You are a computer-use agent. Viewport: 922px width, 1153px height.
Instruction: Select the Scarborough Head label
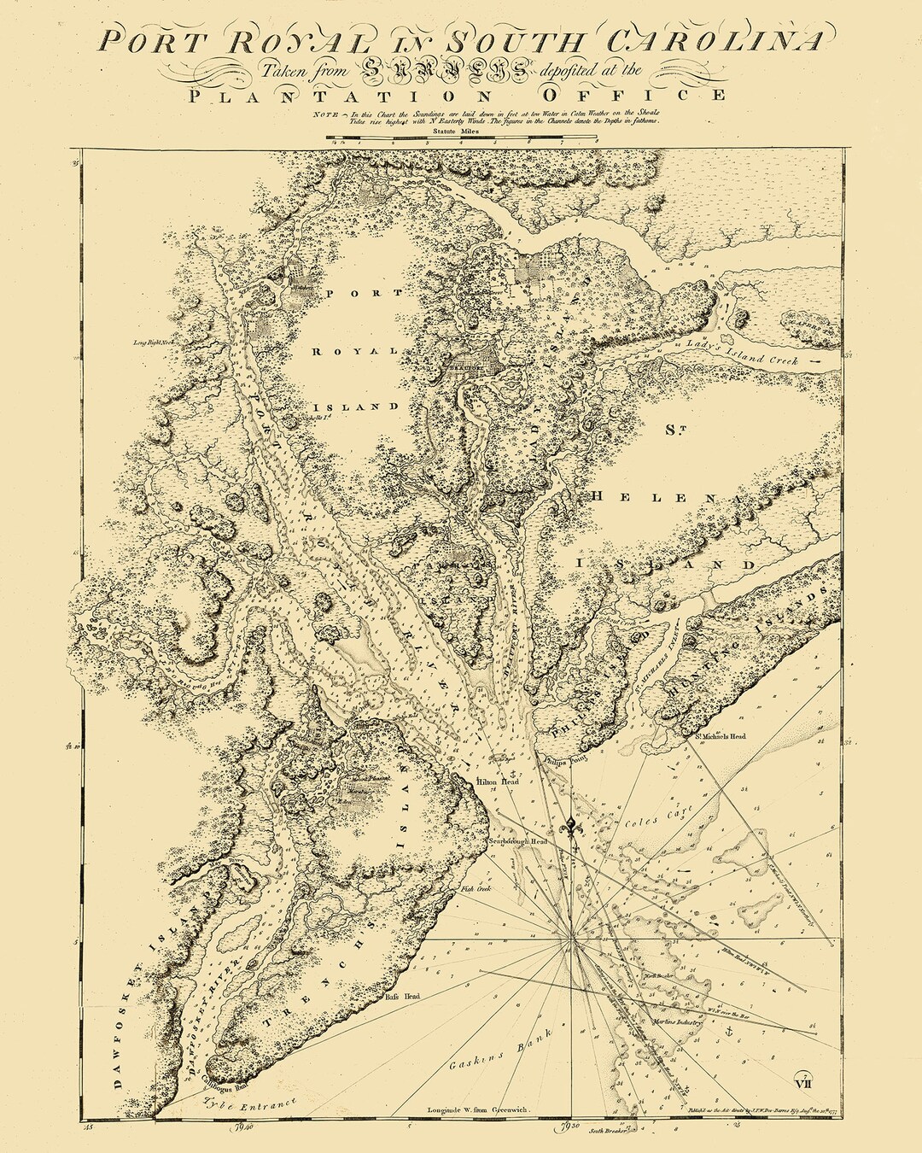[517, 841]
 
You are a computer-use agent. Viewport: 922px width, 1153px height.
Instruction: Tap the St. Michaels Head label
[721, 736]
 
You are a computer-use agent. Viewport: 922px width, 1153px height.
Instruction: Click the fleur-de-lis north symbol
[570, 826]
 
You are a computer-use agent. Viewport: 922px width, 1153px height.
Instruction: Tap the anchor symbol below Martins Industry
[728, 1033]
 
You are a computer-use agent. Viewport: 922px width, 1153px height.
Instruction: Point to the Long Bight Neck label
[154, 342]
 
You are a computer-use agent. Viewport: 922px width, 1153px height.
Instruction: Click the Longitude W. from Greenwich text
[478, 1110]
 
